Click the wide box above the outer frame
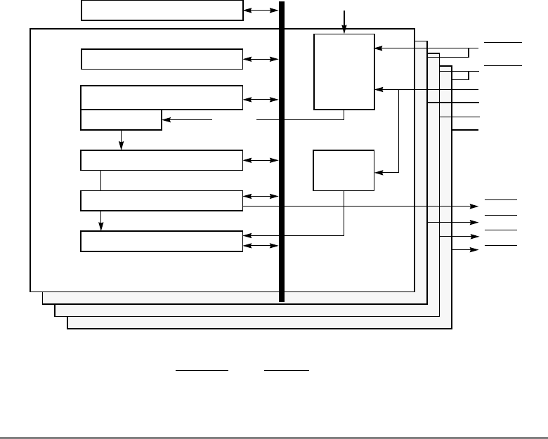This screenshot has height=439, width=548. point(162,11)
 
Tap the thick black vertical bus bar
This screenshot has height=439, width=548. point(282,151)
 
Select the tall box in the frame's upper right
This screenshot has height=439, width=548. point(344,71)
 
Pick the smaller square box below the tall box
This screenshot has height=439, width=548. point(344,169)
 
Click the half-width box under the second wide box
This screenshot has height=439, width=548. point(122,120)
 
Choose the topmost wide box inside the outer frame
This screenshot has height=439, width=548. point(162,60)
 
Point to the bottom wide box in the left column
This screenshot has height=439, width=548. point(162,241)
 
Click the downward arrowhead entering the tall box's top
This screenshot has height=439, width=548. point(344,30)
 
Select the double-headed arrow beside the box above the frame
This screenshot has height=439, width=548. point(261,11)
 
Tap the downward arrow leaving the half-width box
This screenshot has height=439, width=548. point(122,145)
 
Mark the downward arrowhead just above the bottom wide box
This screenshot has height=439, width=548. point(101,226)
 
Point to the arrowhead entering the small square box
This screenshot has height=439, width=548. point(380,171)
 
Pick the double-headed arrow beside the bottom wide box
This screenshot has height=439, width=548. point(261,246)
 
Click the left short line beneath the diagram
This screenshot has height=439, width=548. point(202,369)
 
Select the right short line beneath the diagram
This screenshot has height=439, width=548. point(287,369)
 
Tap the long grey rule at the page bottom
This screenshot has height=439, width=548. point(274,438)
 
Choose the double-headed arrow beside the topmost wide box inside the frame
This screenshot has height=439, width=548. point(261,60)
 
